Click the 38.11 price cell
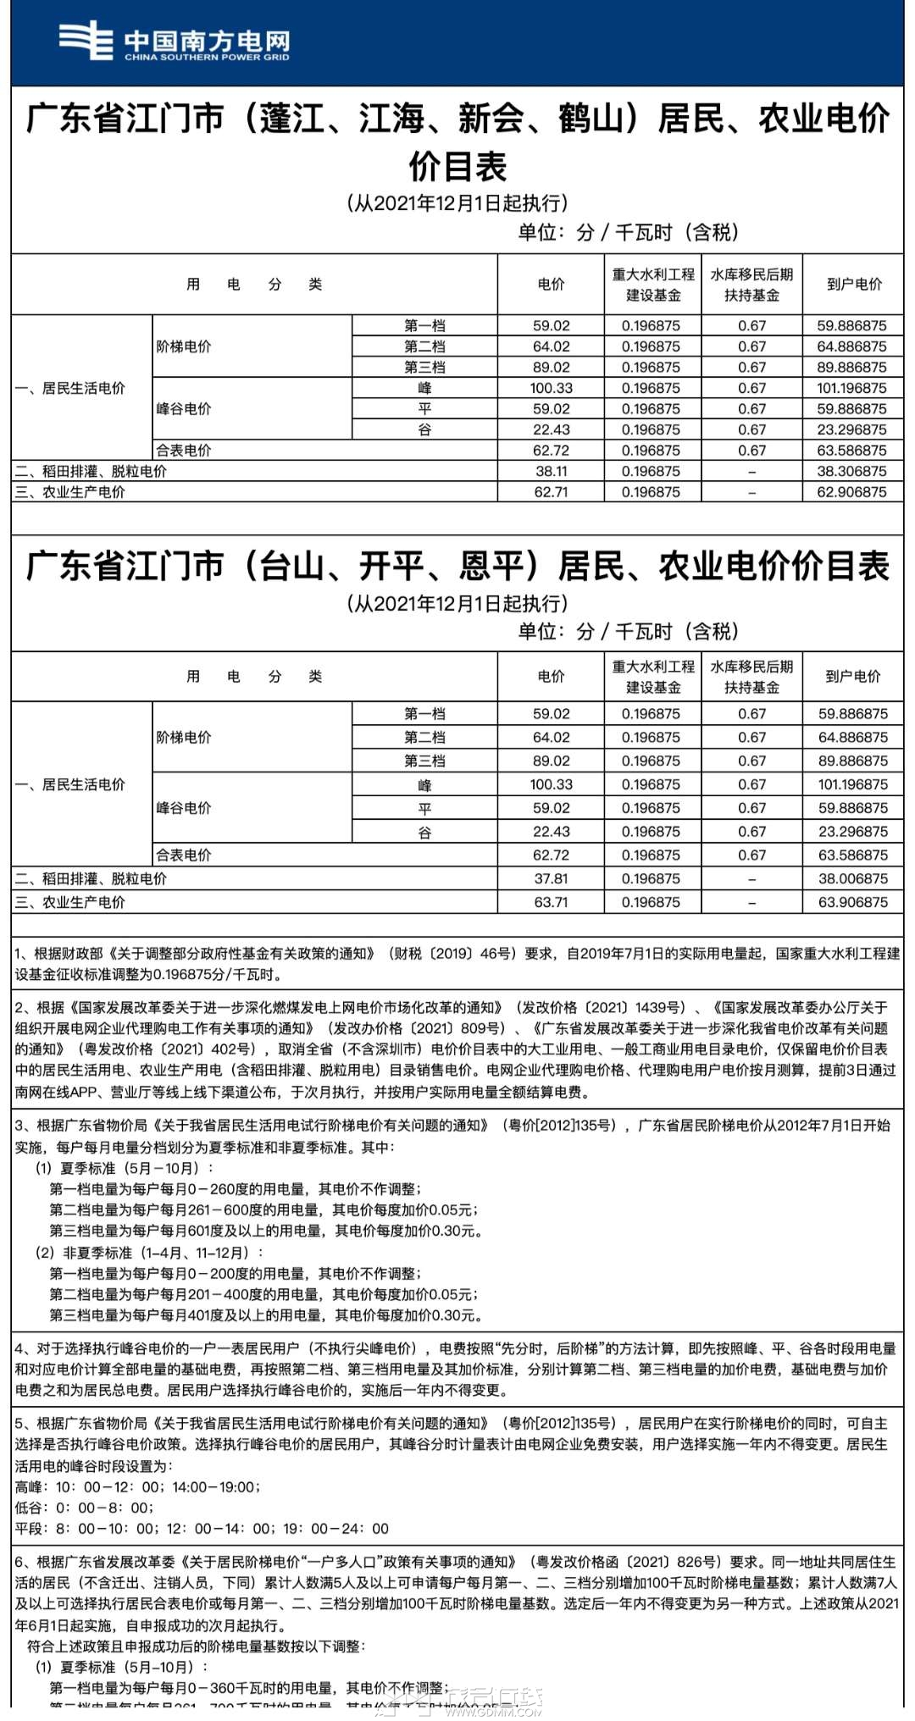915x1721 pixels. point(551,472)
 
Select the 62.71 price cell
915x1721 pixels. point(551,492)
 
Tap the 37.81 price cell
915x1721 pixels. point(551,879)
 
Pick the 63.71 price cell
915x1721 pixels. point(551,903)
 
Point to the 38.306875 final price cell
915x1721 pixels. point(851,472)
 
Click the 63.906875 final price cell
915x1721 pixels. point(852,903)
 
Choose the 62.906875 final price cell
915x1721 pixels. point(851,492)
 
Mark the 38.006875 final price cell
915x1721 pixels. point(852,879)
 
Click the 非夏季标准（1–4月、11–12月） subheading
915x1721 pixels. point(149,1253)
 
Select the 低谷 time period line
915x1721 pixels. point(84,1508)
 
